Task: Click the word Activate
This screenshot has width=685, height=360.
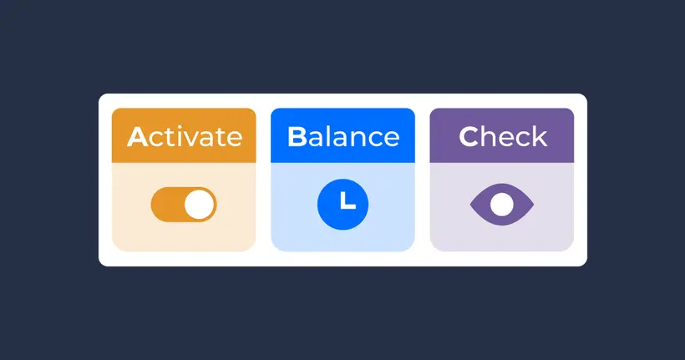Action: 184,136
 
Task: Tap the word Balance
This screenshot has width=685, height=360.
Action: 342,136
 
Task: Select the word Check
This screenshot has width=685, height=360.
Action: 502,136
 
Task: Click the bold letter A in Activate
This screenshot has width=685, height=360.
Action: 137,136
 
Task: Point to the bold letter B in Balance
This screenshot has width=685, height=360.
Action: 297,136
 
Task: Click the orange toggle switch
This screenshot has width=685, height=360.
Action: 184,205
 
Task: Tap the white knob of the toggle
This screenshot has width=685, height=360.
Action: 199,205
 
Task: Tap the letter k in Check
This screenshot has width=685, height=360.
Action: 539,136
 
